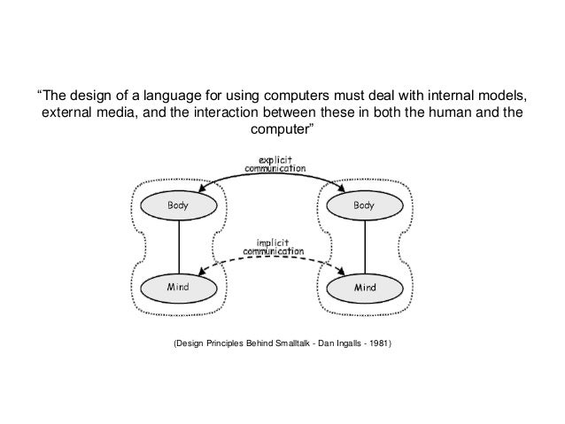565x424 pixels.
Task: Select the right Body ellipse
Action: coord(363,205)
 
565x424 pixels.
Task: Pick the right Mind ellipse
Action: coord(364,288)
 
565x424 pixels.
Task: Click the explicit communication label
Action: coord(275,162)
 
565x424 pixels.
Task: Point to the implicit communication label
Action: coord(275,243)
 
